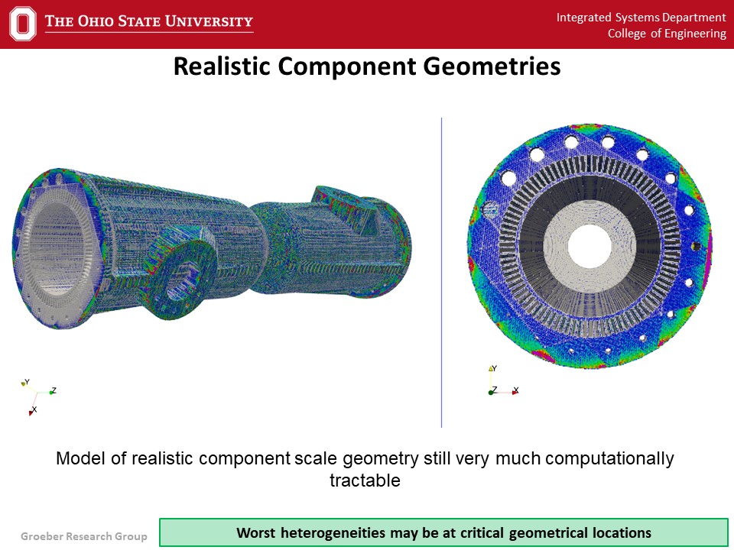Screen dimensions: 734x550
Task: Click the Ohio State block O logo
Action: tap(22, 24)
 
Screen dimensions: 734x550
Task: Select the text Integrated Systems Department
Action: tap(641, 18)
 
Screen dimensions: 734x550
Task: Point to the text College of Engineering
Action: tap(667, 34)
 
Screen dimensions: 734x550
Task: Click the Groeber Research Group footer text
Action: tap(84, 536)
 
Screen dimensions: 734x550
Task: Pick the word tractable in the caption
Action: tap(365, 480)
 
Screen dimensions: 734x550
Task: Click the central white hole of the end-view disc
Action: tap(589, 247)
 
